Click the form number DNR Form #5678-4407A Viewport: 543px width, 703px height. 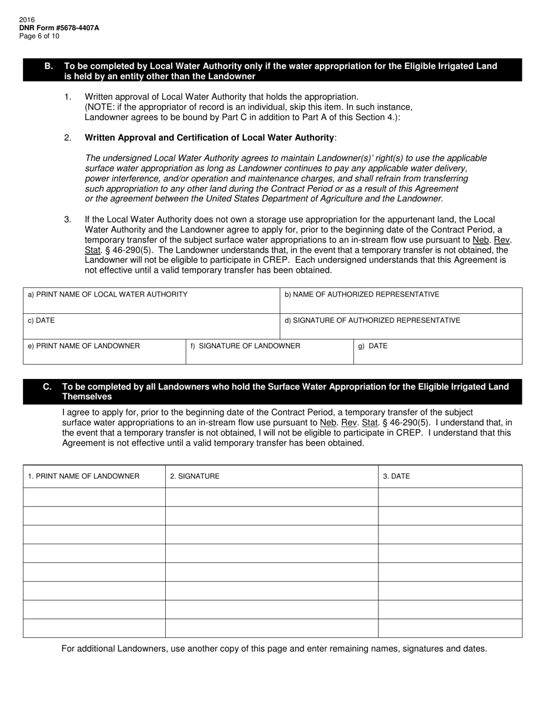click(x=59, y=27)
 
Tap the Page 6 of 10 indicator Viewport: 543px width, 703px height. click(x=39, y=36)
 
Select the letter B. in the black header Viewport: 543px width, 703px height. click(x=49, y=66)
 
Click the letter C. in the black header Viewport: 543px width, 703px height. click(x=47, y=387)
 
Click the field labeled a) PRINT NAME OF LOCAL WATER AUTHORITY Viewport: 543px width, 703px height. click(x=151, y=301)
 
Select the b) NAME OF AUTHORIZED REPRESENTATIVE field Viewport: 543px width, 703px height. click(x=401, y=301)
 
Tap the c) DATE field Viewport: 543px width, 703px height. click(x=151, y=327)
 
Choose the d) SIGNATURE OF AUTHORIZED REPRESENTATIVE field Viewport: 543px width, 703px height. click(x=401, y=327)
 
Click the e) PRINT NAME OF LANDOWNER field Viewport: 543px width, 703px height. click(x=104, y=352)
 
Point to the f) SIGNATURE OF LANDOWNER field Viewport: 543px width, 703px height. click(x=269, y=352)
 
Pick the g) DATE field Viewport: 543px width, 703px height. click(x=437, y=352)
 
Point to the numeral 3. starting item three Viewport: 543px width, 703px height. click(x=67, y=219)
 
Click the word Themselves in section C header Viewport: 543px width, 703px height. click(x=87, y=397)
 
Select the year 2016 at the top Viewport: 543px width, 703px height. click(x=27, y=19)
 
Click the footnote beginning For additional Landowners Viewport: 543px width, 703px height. click(x=274, y=649)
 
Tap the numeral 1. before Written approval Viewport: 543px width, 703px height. click(x=67, y=97)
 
